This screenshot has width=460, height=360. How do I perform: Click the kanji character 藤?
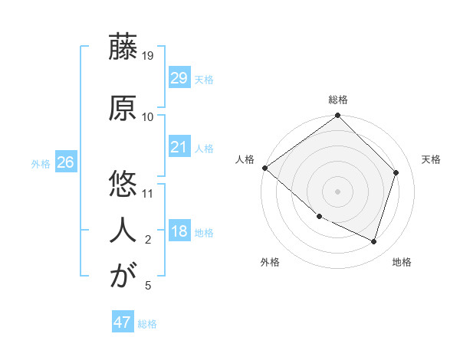pos(122,47)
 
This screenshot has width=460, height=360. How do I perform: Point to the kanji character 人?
pos(122,229)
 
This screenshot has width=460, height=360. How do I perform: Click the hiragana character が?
pos(122,276)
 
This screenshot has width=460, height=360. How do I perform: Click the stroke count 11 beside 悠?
pos(148,192)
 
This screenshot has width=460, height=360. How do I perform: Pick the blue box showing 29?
pos(179,78)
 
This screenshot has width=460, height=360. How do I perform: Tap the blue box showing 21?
pos(179,147)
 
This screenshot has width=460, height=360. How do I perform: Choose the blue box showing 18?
pos(179,232)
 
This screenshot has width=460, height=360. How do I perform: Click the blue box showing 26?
pos(65,162)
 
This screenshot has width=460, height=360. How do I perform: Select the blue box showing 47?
pos(122,322)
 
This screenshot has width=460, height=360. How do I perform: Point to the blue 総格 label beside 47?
pos(148,324)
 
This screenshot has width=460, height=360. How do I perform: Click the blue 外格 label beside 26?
pos(41,163)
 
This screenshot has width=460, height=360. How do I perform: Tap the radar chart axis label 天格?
pos(432,159)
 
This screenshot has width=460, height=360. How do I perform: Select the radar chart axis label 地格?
pos(402,262)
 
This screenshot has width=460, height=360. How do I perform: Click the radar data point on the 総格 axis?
pos(337,116)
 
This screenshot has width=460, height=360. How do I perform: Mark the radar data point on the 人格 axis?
pos(264,168)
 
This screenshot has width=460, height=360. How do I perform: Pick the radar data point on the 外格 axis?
pos(319,217)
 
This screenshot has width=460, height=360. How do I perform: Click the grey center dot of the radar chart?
pos(337,191)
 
